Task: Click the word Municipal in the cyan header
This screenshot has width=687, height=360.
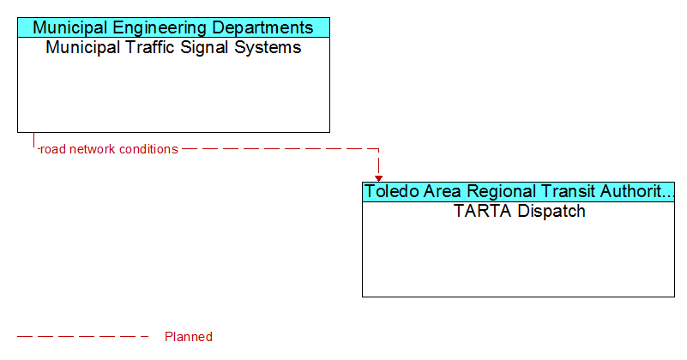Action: (70, 28)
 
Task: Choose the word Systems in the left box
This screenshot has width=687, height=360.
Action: (268, 48)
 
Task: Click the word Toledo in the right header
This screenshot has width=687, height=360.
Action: (390, 192)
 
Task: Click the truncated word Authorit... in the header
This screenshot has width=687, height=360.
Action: (637, 191)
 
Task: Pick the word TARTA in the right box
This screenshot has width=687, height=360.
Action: (483, 211)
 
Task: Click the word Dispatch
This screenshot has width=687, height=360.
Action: (551, 212)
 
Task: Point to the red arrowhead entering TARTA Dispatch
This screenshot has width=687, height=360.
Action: (378, 178)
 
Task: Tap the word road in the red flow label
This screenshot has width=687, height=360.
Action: (52, 149)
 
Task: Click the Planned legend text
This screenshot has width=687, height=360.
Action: (189, 337)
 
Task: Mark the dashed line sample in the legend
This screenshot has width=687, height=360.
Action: (83, 337)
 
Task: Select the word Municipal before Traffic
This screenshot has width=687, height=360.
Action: (83, 48)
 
